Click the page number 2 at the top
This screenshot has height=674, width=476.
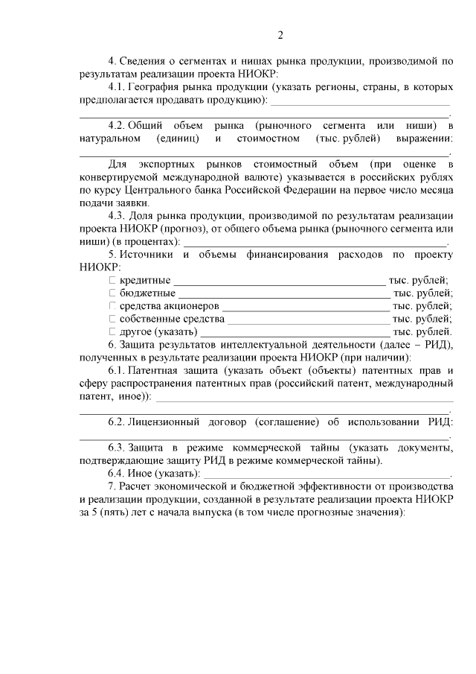pyautogui.click(x=280, y=35)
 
